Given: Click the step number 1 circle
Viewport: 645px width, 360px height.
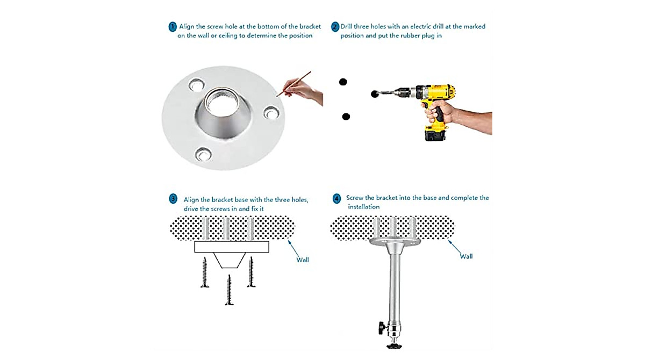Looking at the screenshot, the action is [172, 27].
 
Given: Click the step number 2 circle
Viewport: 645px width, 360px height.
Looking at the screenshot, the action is [335, 27].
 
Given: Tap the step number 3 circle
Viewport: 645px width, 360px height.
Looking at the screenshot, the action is [173, 199].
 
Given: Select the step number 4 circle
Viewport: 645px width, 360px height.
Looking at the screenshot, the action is [336, 199].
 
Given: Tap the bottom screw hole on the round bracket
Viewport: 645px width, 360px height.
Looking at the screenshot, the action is [203, 155].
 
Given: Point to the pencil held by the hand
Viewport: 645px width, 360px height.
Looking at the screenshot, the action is [293, 84].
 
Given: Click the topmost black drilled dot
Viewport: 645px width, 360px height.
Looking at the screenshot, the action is [343, 82].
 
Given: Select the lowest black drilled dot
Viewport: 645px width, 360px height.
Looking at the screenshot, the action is [346, 117].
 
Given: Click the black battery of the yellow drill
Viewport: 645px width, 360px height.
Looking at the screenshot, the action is [435, 134].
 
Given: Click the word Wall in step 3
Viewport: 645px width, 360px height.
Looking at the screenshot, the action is [302, 260].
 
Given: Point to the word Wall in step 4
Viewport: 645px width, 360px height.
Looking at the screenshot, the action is [466, 256].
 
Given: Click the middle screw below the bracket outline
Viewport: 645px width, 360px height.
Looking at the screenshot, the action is [229, 290].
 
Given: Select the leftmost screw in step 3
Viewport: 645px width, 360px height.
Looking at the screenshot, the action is [205, 272].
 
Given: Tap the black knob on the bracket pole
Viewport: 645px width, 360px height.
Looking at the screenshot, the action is [382, 328].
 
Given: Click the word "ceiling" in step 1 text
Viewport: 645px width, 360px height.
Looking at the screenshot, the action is [229, 35].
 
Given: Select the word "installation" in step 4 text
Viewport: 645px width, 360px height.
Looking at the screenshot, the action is [364, 207].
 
